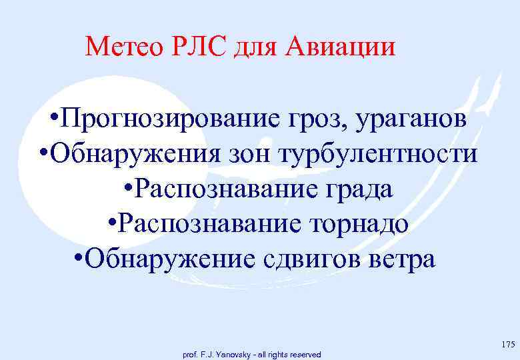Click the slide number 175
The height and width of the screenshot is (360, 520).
tap(507, 345)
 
